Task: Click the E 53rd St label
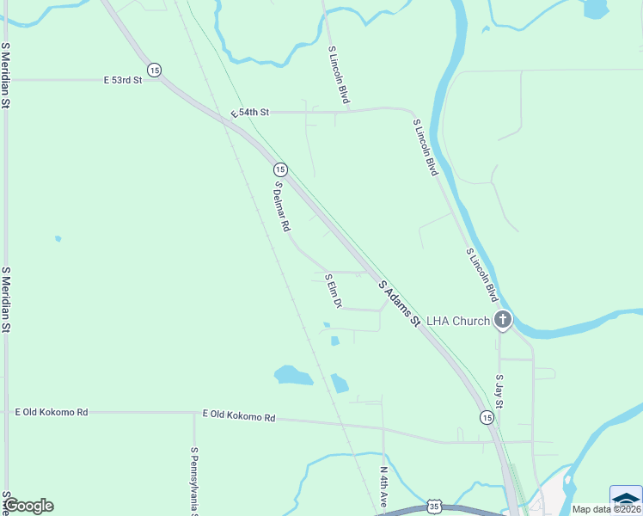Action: click(x=123, y=80)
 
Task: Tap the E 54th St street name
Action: click(x=250, y=113)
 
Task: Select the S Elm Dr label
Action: click(x=334, y=292)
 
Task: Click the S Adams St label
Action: click(x=400, y=304)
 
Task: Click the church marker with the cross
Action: click(x=503, y=321)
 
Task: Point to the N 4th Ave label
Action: click(x=384, y=487)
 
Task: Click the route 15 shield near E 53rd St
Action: click(x=154, y=70)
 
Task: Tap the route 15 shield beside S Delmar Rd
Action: click(x=280, y=169)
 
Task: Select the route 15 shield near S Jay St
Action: click(x=487, y=417)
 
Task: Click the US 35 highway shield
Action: click(x=436, y=507)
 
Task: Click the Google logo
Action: click(x=30, y=506)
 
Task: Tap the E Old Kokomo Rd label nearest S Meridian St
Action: click(x=52, y=413)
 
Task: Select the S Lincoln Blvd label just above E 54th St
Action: click(x=339, y=75)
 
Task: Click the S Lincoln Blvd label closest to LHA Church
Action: click(x=482, y=275)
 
